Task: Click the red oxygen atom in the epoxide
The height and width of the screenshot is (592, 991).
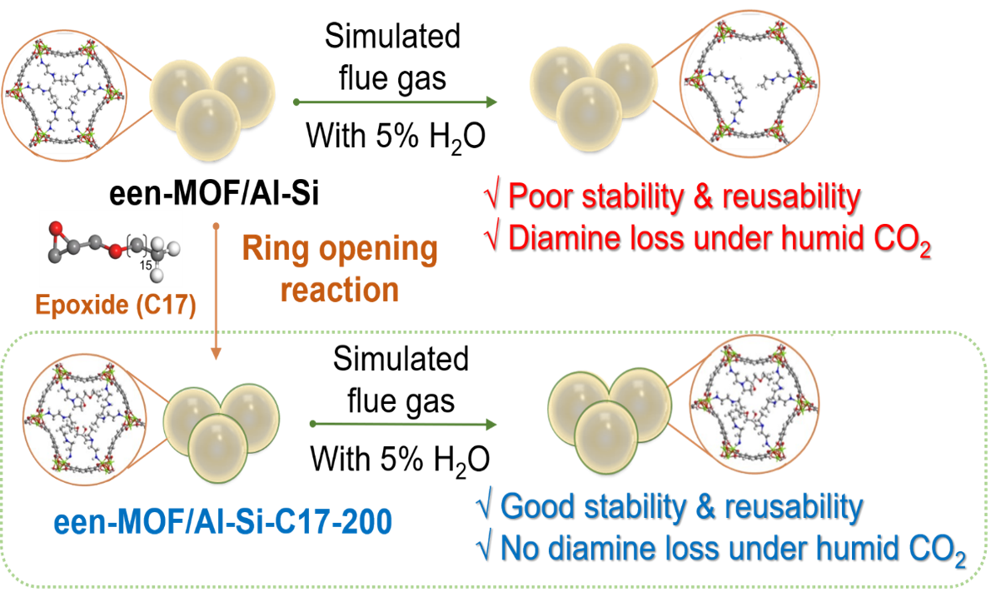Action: pyautogui.click(x=57, y=227)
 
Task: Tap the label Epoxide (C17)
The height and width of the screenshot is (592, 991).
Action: pyautogui.click(x=117, y=306)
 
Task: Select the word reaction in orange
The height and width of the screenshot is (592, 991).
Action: pyautogui.click(x=340, y=289)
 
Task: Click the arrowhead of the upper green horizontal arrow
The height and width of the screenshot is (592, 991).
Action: pyautogui.click(x=491, y=102)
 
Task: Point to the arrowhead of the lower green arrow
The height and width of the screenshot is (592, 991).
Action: pyautogui.click(x=491, y=424)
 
